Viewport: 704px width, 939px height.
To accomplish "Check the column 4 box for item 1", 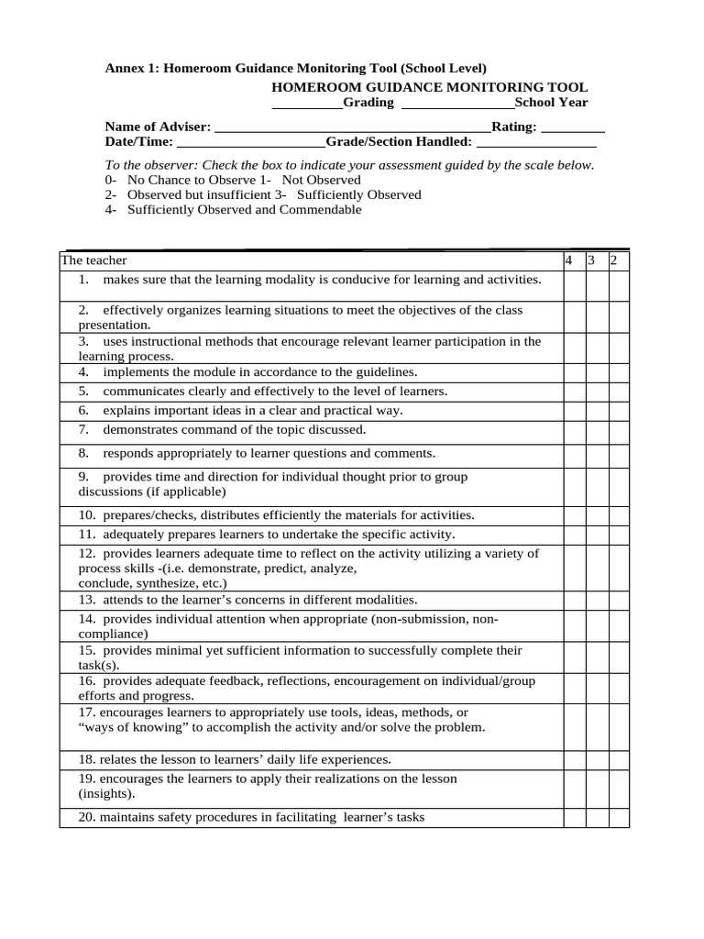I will pyautogui.click(x=574, y=285).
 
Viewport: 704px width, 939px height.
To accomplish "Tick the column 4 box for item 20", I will pyautogui.click(x=574, y=818).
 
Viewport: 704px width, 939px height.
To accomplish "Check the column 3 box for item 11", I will pyautogui.click(x=596, y=535).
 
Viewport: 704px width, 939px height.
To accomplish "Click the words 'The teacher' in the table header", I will pyautogui.click(x=94, y=261).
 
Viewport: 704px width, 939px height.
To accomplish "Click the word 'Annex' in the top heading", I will pyautogui.click(x=125, y=69).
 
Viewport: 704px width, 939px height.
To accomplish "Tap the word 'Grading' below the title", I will pyautogui.click(x=368, y=103).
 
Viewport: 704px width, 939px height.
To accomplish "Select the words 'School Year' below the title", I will pyautogui.click(x=551, y=103).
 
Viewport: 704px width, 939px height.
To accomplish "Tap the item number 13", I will pyautogui.click(x=87, y=600).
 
